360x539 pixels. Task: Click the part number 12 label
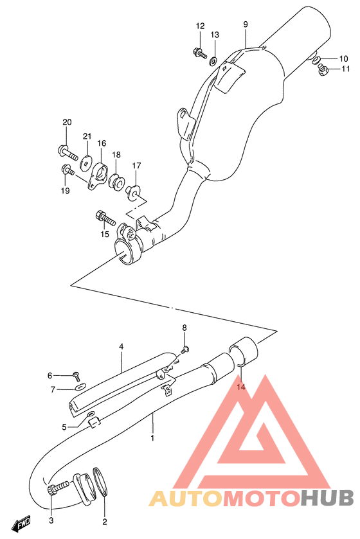[x=200, y=26]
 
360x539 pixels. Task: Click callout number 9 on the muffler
[x=246, y=24]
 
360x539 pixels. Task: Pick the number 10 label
[x=344, y=58]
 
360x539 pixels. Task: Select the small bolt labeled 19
[x=67, y=170]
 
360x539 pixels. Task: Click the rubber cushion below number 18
[x=117, y=182]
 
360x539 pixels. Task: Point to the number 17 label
[x=136, y=166]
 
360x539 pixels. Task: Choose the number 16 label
[x=102, y=143]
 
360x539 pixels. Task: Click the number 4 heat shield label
[x=121, y=346]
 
